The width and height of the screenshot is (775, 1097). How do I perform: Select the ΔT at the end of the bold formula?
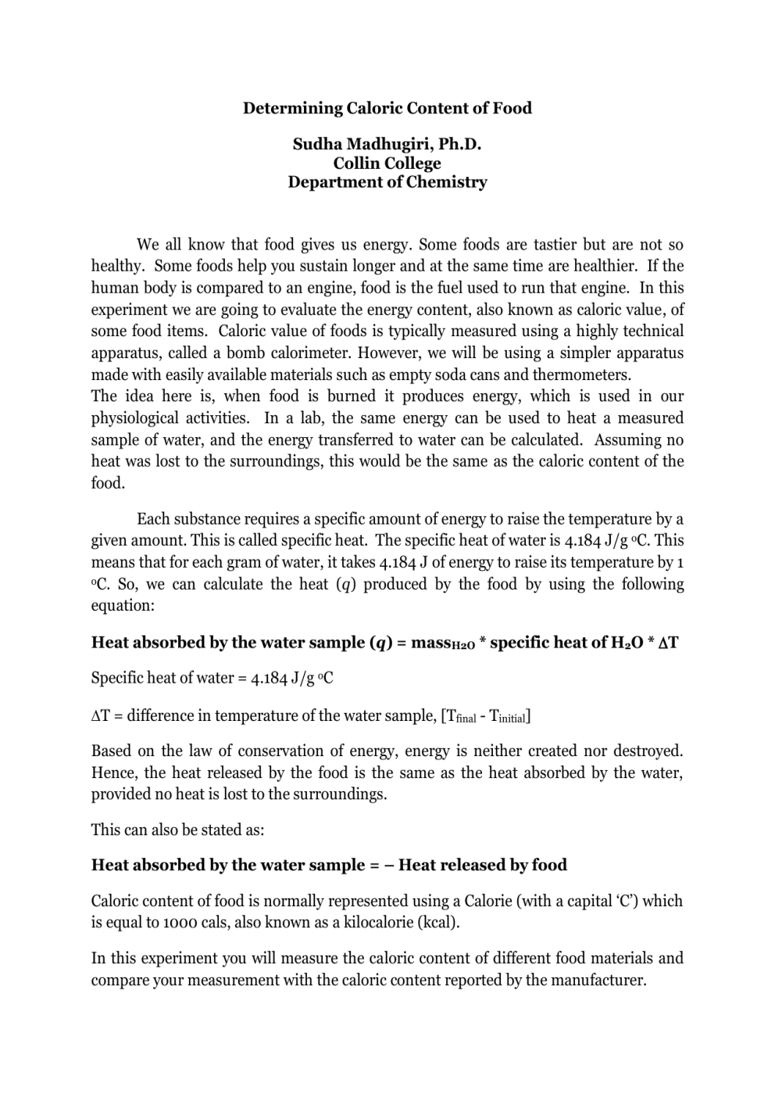click(x=668, y=643)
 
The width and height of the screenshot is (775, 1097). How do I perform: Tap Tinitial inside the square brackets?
click(x=508, y=716)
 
